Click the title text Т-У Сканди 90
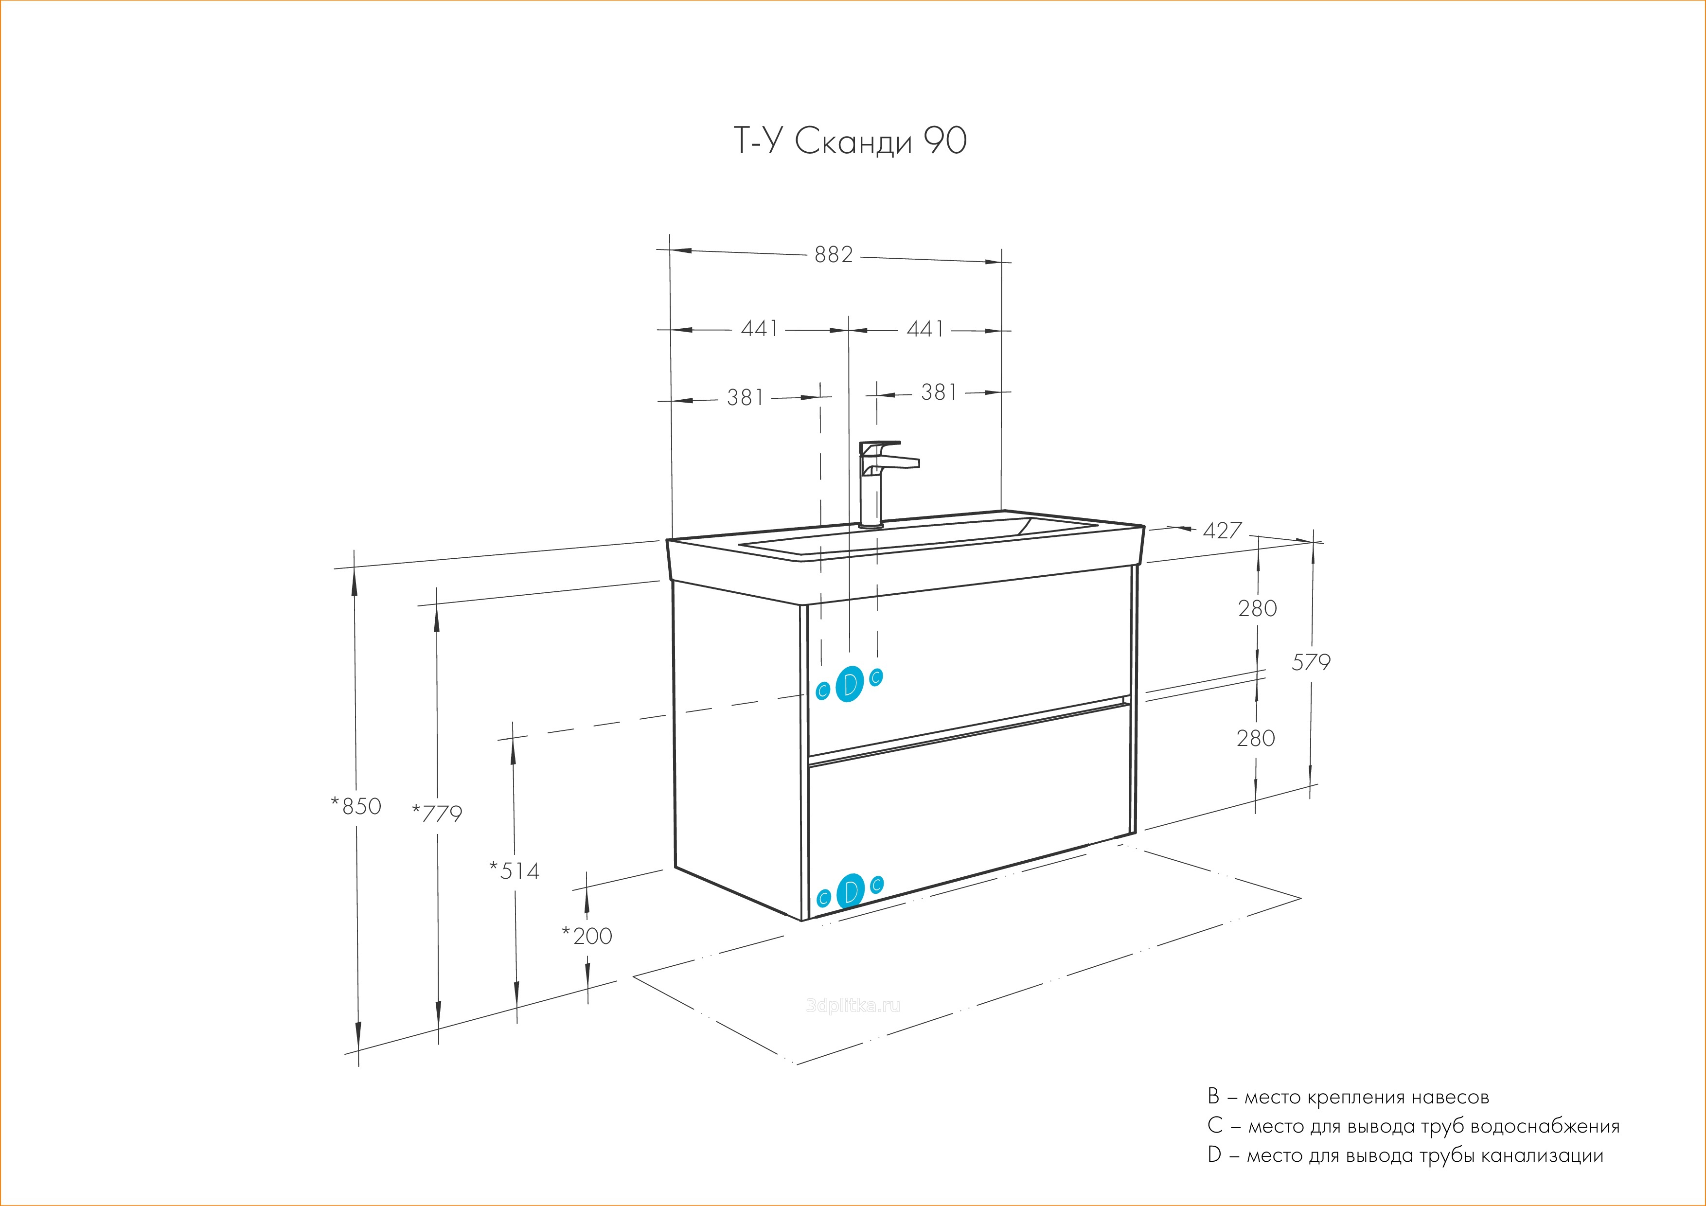pos(850,141)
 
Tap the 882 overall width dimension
pos(834,255)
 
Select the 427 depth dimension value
pos(1222,531)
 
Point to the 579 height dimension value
pos(1311,661)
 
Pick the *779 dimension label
pos(437,814)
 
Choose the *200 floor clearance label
pos(587,936)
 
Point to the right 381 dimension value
pos(939,392)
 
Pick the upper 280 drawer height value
pos(1257,608)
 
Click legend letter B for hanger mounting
pos(1213,1097)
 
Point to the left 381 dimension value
pos(745,397)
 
